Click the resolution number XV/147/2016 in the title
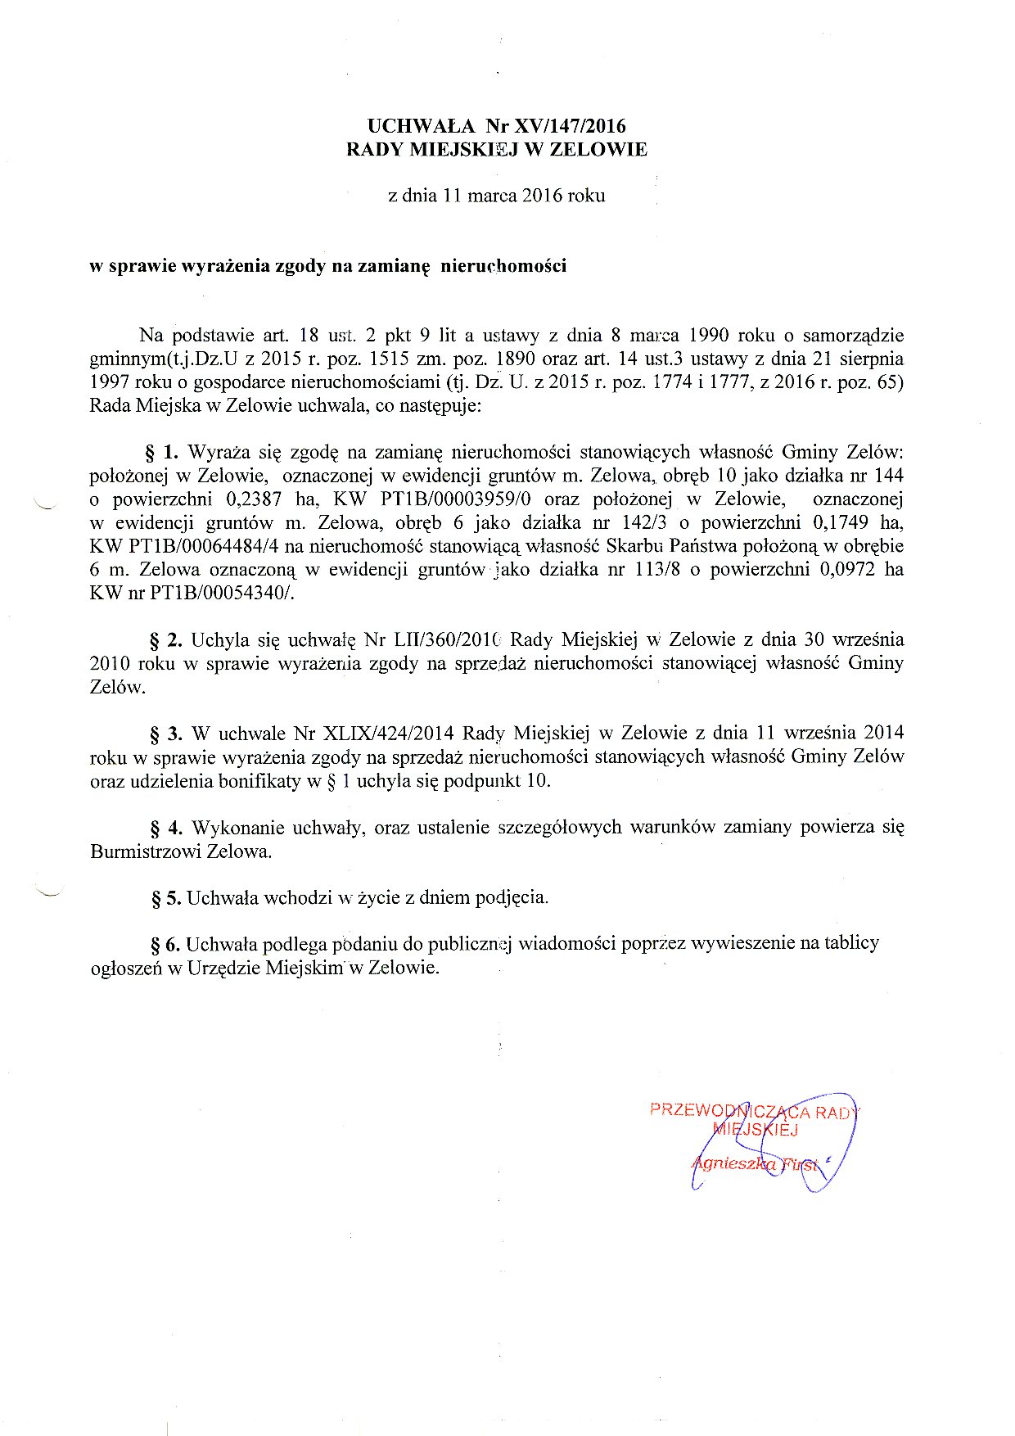click(x=569, y=126)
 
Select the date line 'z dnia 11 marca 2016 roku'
click(x=497, y=196)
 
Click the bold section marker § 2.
click(x=166, y=639)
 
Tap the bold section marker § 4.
click(x=166, y=827)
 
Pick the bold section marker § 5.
click(x=166, y=898)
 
